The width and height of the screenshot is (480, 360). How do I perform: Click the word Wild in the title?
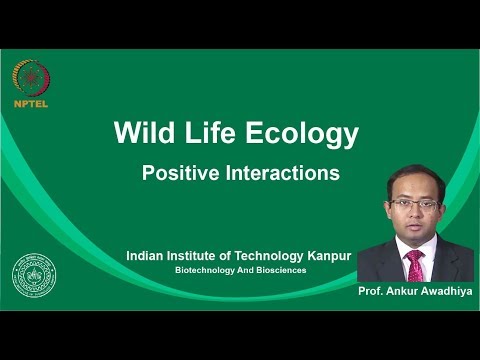coord(144,133)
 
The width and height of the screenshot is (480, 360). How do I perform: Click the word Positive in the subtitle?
coord(177,173)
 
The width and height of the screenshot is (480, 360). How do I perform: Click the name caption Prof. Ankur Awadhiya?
coord(413,291)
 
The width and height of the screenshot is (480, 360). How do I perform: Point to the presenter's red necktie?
coord(414,266)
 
